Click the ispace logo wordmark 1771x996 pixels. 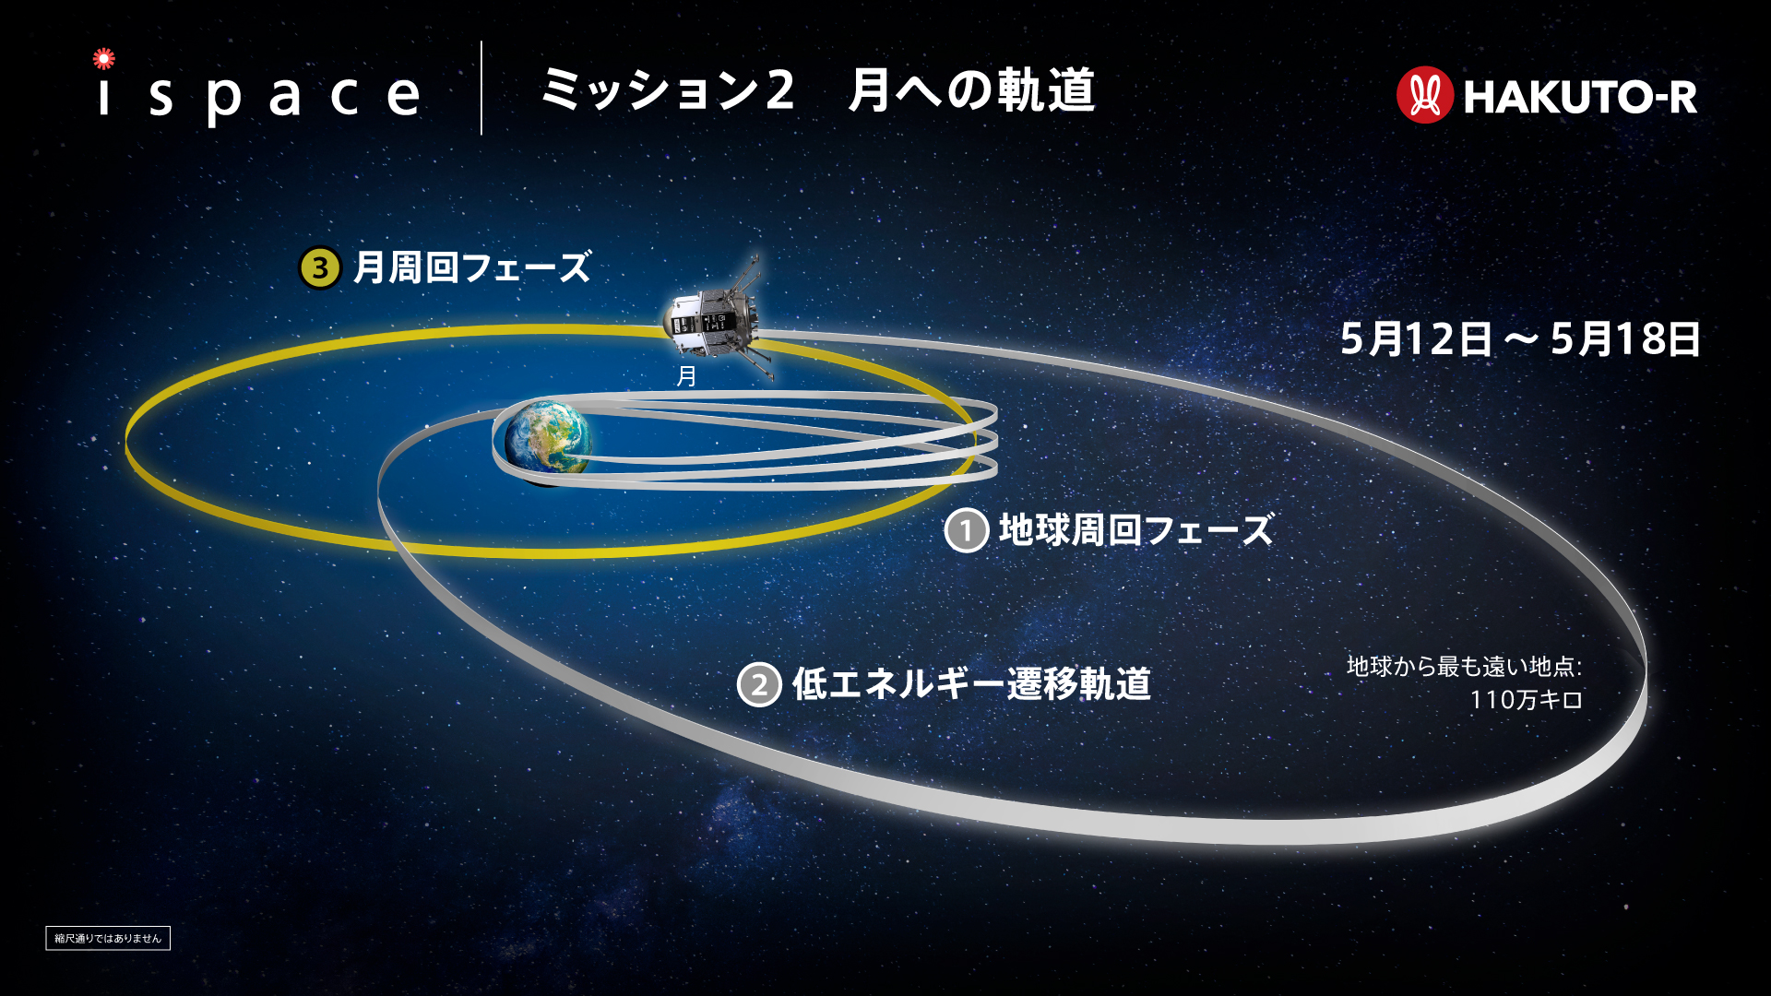[x=258, y=93]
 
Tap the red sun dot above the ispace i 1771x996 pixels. [x=104, y=59]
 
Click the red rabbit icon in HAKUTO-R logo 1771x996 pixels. [x=1424, y=95]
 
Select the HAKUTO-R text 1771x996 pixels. [x=1580, y=97]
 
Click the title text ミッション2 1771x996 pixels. [x=666, y=90]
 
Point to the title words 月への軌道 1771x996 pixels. [x=971, y=90]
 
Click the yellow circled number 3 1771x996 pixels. [x=320, y=268]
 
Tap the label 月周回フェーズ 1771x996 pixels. [x=471, y=268]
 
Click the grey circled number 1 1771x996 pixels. [x=967, y=531]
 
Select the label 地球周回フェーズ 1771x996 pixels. [x=1136, y=530]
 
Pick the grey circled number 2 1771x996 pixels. [x=759, y=685]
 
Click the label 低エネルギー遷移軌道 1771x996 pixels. [x=971, y=684]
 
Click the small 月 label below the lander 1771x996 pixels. [x=686, y=376]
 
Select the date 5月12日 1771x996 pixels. [x=1416, y=339]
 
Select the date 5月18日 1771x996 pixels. [x=1625, y=339]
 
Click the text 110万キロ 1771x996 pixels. [x=1527, y=700]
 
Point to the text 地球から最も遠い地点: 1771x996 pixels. [x=1465, y=666]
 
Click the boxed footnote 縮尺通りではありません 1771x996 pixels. [x=108, y=938]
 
